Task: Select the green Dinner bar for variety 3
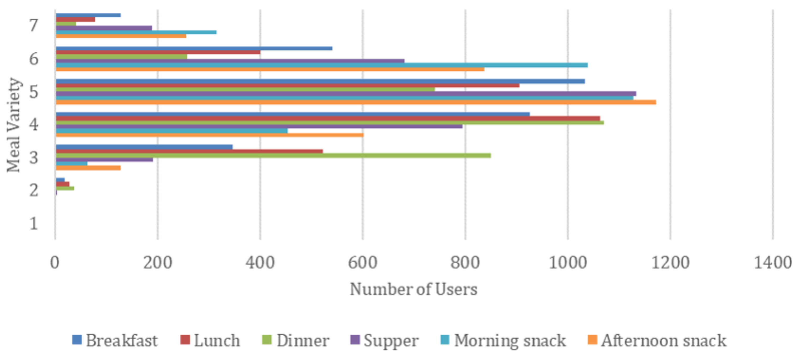tap(273, 155)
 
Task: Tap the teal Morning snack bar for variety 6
tap(321, 65)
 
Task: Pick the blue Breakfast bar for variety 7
tap(88, 15)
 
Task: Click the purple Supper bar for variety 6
tap(230, 61)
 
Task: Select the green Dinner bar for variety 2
tap(65, 188)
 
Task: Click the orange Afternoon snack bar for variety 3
tap(88, 168)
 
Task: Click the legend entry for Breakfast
tap(115, 340)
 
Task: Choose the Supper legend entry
tap(385, 340)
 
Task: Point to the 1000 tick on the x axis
tap(568, 263)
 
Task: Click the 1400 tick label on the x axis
tap(772, 263)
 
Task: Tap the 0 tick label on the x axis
tap(55, 263)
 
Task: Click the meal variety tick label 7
tap(34, 25)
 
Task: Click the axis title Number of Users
tap(413, 289)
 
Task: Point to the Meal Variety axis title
tap(14, 125)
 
